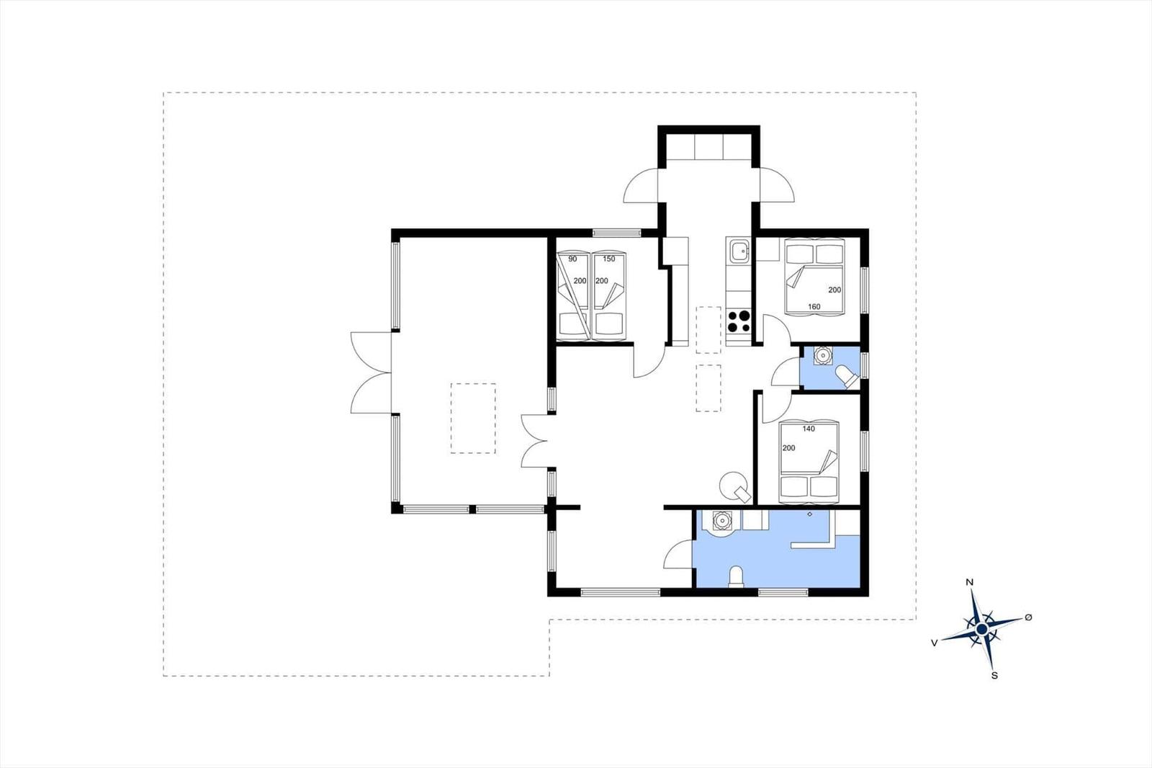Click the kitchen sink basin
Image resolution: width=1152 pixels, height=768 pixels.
click(738, 251)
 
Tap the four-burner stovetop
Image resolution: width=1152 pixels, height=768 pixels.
click(739, 321)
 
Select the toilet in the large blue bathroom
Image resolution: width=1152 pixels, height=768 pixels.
click(737, 576)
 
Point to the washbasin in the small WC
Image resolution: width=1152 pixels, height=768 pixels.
click(823, 356)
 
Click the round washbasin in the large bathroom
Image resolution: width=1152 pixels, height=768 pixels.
click(722, 522)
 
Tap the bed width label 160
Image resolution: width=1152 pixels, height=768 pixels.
click(814, 306)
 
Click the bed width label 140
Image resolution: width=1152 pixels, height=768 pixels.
click(809, 428)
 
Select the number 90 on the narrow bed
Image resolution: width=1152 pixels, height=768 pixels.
click(572, 259)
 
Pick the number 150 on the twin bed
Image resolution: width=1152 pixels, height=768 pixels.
click(609, 259)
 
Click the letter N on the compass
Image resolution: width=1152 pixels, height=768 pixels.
click(970, 582)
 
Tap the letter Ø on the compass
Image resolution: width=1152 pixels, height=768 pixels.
click(1028, 617)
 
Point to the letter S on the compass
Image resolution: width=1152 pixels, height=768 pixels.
click(994, 675)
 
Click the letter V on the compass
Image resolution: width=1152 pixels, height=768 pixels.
click(935, 643)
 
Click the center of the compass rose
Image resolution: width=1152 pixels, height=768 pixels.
click(982, 628)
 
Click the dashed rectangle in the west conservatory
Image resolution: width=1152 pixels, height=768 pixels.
click(473, 418)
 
